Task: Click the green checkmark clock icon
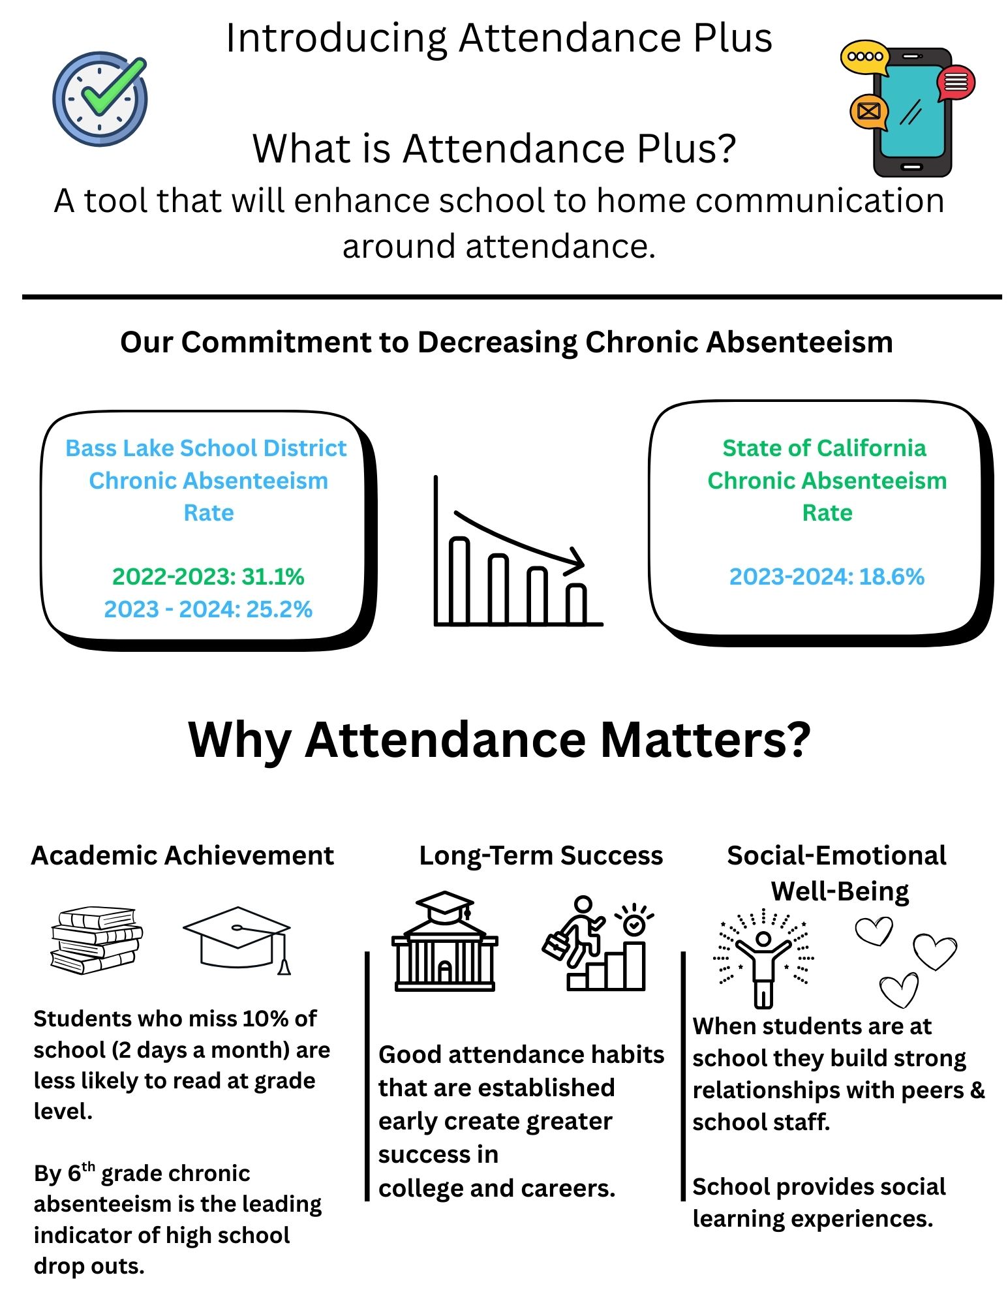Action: [100, 99]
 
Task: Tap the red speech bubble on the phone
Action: [955, 83]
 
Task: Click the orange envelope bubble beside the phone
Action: [868, 111]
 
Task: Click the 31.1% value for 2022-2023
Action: [272, 576]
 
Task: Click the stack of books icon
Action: [97, 940]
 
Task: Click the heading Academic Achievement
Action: [182, 855]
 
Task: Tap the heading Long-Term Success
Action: [540, 855]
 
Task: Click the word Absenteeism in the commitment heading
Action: [800, 342]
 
